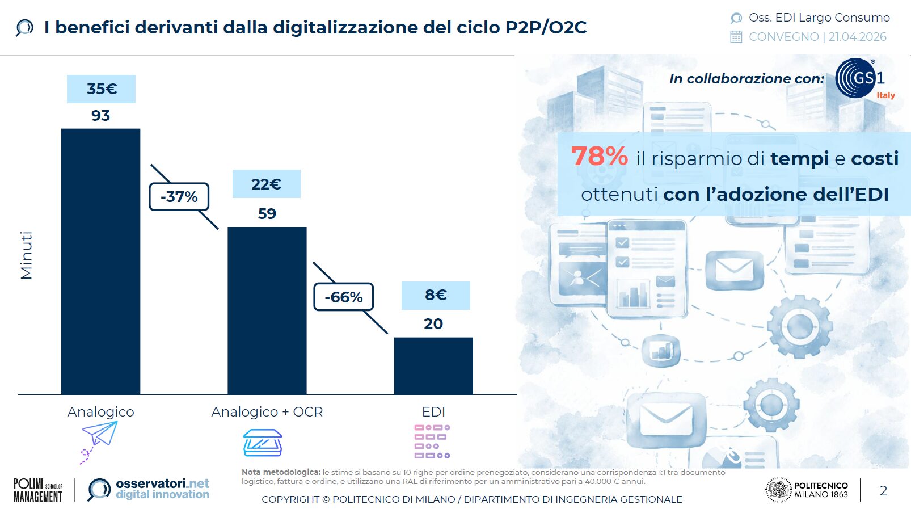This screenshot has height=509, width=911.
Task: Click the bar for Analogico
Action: pos(100,261)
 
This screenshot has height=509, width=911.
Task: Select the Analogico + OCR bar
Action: pos(267,310)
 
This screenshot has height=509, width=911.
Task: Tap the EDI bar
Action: pos(433,365)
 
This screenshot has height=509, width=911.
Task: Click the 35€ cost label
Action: pos(101,89)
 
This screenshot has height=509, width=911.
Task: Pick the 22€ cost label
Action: pos(266,184)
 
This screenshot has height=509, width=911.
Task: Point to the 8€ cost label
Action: pos(436,295)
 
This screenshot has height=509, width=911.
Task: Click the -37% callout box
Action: pos(179,197)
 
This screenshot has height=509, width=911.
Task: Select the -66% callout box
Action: pos(343,297)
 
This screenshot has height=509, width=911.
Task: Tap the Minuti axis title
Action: pos(26,255)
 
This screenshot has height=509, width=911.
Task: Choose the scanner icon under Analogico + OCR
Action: pos(263,443)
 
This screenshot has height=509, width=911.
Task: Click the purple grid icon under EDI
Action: pos(432,441)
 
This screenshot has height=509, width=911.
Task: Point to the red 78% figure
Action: pos(599,156)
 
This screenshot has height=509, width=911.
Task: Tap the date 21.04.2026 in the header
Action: pos(857,37)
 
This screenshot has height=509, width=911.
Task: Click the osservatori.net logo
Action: pos(149,489)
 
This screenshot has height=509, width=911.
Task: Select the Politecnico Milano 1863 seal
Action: pos(778,490)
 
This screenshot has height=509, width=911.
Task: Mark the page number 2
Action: pos(883,491)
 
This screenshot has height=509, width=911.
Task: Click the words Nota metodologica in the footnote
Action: pos(281,472)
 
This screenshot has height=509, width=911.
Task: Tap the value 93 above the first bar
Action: pos(100,116)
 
